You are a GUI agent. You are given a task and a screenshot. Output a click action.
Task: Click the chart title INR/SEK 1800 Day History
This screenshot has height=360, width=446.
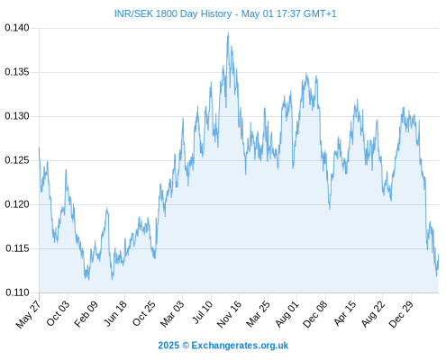tap(173, 13)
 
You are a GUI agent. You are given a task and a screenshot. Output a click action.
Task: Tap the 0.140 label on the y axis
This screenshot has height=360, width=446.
tap(17, 28)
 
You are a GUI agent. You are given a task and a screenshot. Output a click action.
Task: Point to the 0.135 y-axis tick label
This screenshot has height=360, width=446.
tap(17, 72)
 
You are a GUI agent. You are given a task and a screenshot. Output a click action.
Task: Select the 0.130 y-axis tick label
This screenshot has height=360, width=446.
tap(17, 116)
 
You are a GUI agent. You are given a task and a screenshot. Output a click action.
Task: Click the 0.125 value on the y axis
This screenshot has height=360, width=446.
tap(17, 160)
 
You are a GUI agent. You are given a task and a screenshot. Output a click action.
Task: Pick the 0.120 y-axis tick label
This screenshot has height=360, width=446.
tap(17, 204)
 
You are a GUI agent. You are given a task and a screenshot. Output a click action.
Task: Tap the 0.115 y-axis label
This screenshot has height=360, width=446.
tap(17, 248)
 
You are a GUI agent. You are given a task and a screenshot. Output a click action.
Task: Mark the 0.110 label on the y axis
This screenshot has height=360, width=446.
tap(17, 292)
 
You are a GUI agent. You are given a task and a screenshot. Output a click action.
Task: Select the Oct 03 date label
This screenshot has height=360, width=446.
tap(58, 313)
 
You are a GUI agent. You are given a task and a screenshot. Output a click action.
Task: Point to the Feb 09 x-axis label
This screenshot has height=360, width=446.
tap(86, 314)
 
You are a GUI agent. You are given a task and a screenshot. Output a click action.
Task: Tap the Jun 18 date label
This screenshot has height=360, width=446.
tap(115, 313)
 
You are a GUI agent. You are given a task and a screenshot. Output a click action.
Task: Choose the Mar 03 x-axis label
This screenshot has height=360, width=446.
tap(172, 314)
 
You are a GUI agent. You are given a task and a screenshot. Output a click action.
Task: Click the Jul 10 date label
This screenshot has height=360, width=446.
tap(202, 312)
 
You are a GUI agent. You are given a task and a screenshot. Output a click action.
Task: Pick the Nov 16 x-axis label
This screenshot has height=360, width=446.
tap(229, 314)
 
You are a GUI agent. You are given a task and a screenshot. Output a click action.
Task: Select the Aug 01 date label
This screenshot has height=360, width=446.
tap(287, 314)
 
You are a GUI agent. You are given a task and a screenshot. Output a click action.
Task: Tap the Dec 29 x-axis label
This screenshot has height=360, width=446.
tap(401, 314)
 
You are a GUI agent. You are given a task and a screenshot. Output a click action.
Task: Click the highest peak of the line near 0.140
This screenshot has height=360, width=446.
tap(228, 31)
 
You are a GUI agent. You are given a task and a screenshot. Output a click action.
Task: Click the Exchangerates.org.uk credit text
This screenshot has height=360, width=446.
tap(240, 346)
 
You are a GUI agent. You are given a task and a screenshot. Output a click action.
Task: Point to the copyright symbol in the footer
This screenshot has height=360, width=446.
tap(186, 346)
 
